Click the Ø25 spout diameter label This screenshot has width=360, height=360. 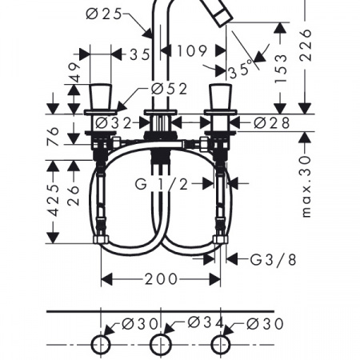coord(104,14)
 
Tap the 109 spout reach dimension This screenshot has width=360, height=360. coord(192,50)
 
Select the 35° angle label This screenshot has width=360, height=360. coord(240,70)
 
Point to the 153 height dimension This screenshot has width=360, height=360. coord(281,69)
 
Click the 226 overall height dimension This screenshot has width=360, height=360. coord(306,45)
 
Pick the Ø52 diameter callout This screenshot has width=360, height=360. coord(170,89)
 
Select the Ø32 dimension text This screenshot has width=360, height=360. coord(114,123)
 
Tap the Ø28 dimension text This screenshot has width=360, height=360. coord(272,123)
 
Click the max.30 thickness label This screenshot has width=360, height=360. coord(306,187)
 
